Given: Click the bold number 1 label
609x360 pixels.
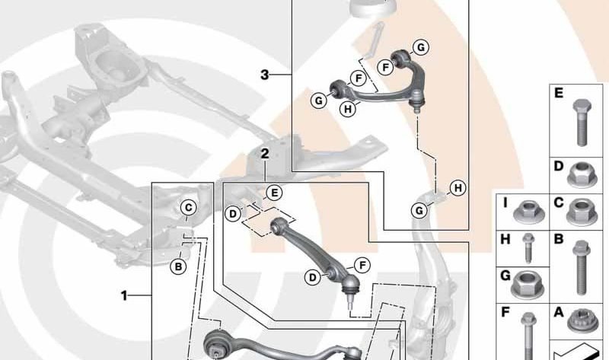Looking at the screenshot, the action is (124, 296).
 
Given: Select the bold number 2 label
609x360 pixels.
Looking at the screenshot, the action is (265, 154).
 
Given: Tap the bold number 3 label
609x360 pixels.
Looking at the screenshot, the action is (264, 75).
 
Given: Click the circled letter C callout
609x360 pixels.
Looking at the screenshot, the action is (188, 208).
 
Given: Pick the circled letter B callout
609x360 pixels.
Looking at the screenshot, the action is (178, 267).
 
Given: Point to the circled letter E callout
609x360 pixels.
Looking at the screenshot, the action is (274, 193).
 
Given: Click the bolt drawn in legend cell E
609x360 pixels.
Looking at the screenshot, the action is (582, 122).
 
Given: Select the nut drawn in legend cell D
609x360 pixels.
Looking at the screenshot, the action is (582, 174).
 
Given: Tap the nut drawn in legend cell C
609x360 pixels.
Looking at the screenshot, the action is (582, 212).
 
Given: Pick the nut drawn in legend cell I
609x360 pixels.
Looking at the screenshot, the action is (528, 212).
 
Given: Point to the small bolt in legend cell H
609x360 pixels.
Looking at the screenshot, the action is (528, 248).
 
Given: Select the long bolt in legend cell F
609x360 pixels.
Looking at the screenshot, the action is (528, 336).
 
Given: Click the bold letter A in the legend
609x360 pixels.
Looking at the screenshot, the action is (559, 312).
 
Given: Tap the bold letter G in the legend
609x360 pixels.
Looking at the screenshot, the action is (505, 276).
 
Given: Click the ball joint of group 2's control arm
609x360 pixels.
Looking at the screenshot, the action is (350, 285).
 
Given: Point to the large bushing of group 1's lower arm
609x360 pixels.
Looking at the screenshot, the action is (216, 344).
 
